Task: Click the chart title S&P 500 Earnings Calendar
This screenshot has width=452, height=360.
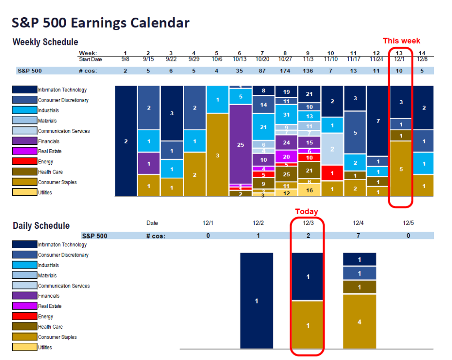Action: [x=101, y=23]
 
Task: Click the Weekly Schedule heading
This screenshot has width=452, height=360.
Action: [x=45, y=42]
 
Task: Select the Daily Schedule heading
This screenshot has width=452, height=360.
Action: [x=41, y=226]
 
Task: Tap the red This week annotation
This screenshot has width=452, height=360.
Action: [x=401, y=41]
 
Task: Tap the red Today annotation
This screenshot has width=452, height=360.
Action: [x=306, y=212]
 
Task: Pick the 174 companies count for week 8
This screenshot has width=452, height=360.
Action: [x=286, y=71]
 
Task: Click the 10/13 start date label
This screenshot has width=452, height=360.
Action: [x=240, y=59]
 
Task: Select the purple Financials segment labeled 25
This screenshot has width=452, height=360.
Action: [x=241, y=144]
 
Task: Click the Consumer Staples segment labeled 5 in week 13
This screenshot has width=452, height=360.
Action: [x=401, y=169]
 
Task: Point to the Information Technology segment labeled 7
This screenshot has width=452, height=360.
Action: [x=378, y=121]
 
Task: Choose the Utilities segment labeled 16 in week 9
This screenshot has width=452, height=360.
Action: [x=309, y=190]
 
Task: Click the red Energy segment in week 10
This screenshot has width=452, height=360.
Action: [x=332, y=173]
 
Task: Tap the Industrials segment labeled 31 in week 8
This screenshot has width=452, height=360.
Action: [x=286, y=115]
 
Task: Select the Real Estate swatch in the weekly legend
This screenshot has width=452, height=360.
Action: [x=24, y=152]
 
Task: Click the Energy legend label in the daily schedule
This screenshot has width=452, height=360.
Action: [x=45, y=317]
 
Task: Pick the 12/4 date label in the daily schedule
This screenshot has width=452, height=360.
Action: [x=358, y=224]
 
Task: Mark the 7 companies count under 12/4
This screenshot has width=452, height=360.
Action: [x=358, y=236]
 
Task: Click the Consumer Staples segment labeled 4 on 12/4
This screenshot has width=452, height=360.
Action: [x=359, y=322]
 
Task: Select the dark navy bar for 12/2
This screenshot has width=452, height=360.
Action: [x=256, y=301]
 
